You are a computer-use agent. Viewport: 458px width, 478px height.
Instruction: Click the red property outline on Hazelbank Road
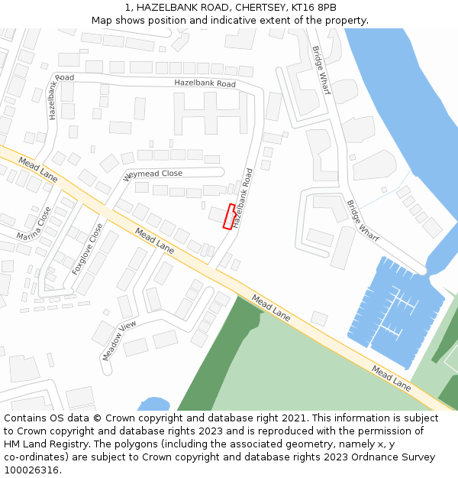228,216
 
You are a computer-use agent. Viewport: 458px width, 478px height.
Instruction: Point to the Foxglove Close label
87,249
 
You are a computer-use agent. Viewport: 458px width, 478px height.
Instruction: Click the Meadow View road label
118,340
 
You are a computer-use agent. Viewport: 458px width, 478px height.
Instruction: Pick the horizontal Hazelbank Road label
205,83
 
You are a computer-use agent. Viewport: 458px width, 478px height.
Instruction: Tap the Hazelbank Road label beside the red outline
243,198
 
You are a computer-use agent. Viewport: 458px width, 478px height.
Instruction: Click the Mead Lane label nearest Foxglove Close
154,240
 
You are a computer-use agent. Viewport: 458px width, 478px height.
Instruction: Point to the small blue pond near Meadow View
155,404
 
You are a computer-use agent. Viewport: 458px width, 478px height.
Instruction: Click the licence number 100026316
31,470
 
